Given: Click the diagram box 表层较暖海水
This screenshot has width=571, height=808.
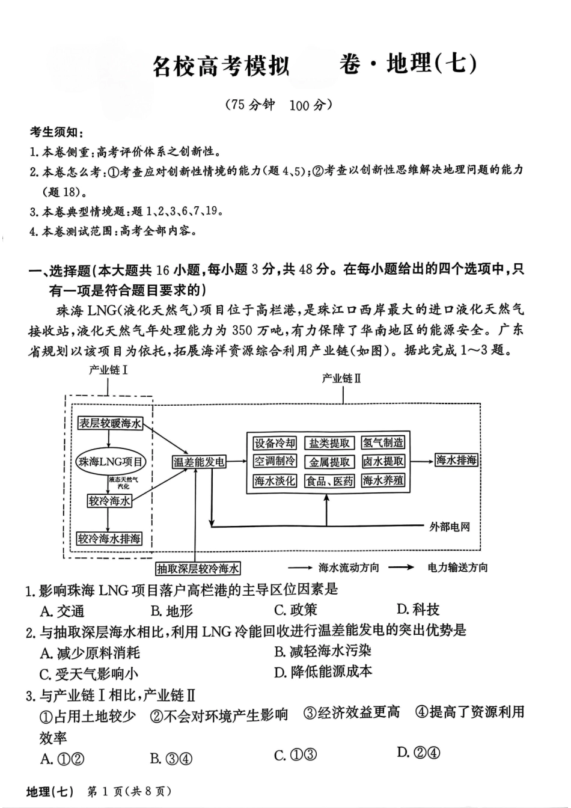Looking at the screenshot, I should click(x=110, y=423).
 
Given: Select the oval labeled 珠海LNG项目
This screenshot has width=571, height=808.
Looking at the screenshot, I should click(x=111, y=462).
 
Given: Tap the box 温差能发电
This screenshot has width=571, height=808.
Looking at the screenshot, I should click(x=199, y=462).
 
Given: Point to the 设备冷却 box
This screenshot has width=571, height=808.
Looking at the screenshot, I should click(x=275, y=443).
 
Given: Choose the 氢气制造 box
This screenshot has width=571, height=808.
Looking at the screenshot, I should click(x=383, y=443).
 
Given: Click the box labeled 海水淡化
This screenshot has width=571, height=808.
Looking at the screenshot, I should click(x=275, y=481).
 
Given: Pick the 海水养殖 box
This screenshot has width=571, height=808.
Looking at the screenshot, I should click(x=383, y=480).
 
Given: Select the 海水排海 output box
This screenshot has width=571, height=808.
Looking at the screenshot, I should click(x=456, y=461).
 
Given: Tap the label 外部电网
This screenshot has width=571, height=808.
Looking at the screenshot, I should click(x=450, y=527).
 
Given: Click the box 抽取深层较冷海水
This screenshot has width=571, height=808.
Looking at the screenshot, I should click(x=198, y=568).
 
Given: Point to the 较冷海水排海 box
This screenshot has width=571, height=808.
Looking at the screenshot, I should click(x=109, y=539).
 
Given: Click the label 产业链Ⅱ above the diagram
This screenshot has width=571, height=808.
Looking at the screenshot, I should click(x=341, y=378).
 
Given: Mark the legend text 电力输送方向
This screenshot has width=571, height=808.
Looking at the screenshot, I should click(x=457, y=568).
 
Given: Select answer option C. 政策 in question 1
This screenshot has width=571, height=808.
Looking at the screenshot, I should click(x=295, y=610).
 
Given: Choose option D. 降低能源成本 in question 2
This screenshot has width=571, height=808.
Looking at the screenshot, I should click(x=323, y=672).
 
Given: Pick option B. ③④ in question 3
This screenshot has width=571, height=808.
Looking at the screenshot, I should click(x=171, y=759).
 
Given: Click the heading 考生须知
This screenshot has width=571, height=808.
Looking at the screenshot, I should click(x=57, y=132).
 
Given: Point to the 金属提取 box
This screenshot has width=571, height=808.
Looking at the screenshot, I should click(x=329, y=462).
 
